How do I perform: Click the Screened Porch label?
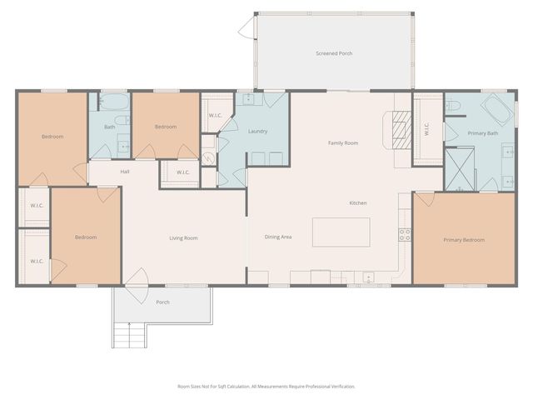[334, 53]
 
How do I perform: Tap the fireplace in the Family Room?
[401, 129]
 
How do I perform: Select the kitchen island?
[341, 232]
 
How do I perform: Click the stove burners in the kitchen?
[405, 234]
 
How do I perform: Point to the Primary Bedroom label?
[464, 240]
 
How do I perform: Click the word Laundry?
[257, 132]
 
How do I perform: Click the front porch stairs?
[129, 337]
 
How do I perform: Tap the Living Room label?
[183, 238]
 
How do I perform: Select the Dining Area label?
[278, 237]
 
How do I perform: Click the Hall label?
[124, 172]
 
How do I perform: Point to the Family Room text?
[342, 143]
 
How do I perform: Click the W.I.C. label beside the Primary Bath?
[427, 130]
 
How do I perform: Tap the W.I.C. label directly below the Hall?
[182, 172]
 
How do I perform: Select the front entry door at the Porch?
[136, 280]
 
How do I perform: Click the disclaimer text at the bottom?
[266, 387]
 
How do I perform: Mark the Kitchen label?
[357, 203]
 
